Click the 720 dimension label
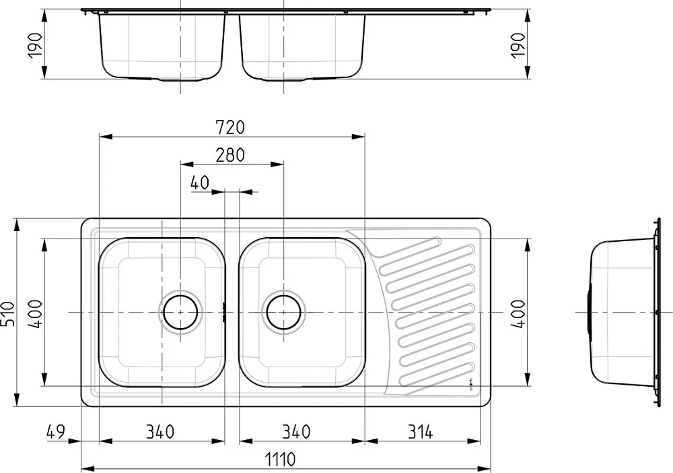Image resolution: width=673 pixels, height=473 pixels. [230, 127]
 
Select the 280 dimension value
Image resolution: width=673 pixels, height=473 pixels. [230, 155]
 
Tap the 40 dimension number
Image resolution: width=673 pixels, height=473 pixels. [200, 183]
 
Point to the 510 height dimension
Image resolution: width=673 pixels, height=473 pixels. [8, 313]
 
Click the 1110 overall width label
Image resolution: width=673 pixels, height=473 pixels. [279, 460]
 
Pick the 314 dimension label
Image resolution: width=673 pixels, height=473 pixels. [420, 431]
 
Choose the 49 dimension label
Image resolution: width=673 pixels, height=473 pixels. [55, 431]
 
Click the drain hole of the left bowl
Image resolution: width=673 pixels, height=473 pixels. [180, 313]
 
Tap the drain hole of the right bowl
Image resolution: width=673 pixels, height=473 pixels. [284, 313]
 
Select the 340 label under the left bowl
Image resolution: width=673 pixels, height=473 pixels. [160, 431]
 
